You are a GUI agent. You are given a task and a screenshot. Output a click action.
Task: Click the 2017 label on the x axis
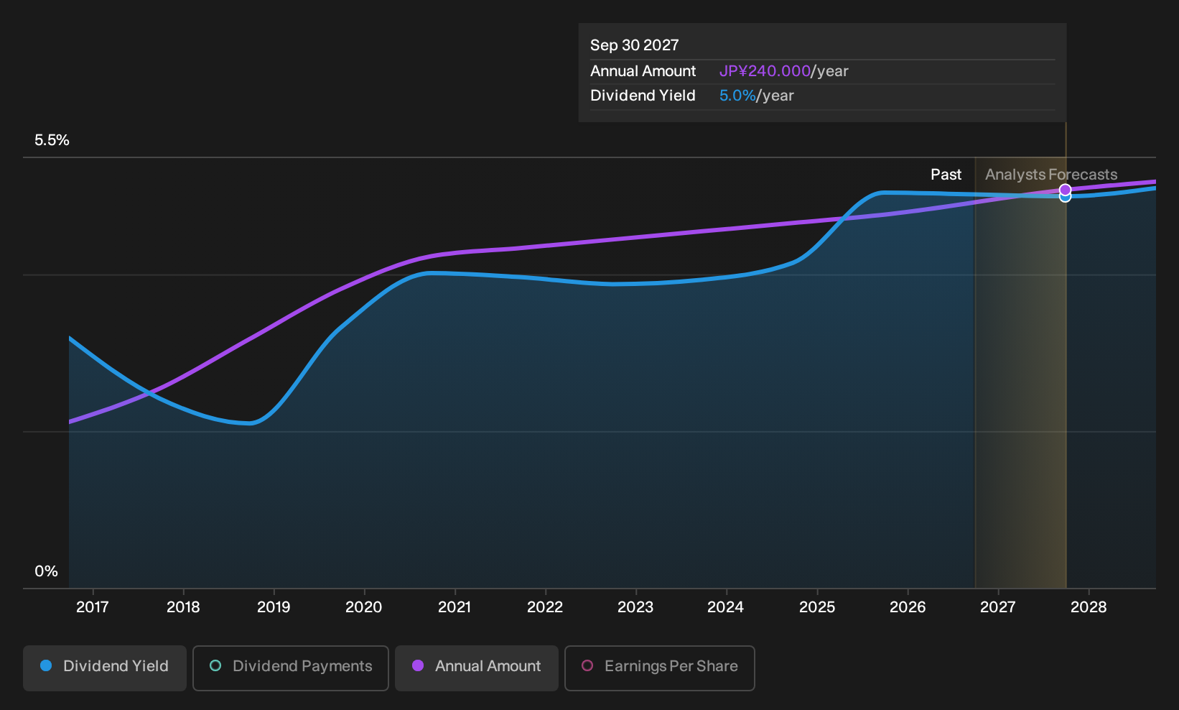(x=93, y=607)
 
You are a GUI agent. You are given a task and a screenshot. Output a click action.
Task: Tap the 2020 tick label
(x=364, y=607)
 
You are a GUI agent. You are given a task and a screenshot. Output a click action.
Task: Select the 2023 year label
(x=635, y=607)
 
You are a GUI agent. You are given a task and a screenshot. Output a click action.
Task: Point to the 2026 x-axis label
(x=908, y=607)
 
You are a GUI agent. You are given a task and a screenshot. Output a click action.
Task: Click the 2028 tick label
(x=1089, y=607)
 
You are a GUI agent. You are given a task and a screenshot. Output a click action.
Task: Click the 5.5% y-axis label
(x=52, y=140)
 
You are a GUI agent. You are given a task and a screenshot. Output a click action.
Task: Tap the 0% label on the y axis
(x=47, y=571)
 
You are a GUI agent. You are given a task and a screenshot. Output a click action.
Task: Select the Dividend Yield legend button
(x=105, y=668)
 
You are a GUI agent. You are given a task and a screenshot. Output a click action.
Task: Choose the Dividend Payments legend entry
(x=291, y=668)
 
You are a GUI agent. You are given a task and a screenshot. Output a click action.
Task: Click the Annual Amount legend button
(x=476, y=668)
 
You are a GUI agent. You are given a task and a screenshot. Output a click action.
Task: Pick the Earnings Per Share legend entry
(x=659, y=668)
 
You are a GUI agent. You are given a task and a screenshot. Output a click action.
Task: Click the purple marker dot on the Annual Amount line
(x=1066, y=190)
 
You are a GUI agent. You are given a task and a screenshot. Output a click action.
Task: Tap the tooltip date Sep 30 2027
(x=634, y=45)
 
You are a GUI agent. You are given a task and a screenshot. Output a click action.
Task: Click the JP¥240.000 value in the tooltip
(x=765, y=71)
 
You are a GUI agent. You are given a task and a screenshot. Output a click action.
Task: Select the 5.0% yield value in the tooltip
(x=737, y=96)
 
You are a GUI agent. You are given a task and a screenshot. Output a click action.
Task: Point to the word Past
(x=946, y=175)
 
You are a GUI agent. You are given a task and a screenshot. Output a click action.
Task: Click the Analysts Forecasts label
(x=1051, y=175)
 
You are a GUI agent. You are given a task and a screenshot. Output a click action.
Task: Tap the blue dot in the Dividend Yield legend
(x=47, y=665)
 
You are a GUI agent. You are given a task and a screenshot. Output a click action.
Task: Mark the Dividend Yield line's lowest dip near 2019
(x=251, y=423)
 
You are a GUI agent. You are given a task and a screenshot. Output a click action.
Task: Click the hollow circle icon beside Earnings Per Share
(x=587, y=665)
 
